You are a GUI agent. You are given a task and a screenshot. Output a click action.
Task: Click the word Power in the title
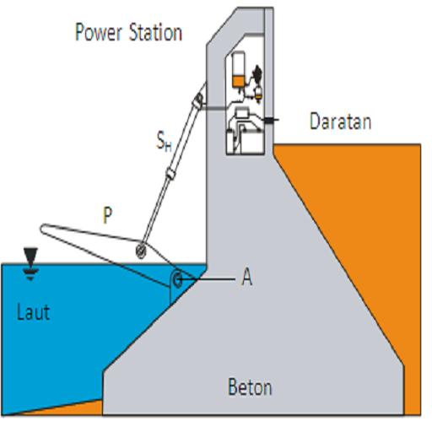point(99,33)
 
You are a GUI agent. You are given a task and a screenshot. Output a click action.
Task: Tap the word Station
point(155,32)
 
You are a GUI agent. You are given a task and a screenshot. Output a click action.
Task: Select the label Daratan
point(340,121)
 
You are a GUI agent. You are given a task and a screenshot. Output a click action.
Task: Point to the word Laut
point(33,312)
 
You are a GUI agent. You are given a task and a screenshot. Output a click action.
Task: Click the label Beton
point(250,387)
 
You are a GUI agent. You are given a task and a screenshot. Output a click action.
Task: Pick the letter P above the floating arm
point(107,215)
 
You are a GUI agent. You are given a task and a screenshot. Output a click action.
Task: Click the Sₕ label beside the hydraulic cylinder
point(164,142)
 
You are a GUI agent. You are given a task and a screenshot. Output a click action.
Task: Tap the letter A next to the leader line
point(247,278)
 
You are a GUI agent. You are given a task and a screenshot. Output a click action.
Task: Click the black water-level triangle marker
point(30,255)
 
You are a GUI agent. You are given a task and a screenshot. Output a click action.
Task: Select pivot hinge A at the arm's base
point(177,279)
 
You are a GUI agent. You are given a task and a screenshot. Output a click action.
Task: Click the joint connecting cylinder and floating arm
point(141,250)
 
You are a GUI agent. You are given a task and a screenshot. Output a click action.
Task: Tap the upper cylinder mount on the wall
point(198,100)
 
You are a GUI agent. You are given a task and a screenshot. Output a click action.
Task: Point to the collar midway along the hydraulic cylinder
point(170,173)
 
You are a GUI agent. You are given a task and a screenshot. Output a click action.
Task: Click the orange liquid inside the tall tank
point(238,82)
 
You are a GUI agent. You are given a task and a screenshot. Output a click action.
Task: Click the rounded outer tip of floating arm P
point(42,229)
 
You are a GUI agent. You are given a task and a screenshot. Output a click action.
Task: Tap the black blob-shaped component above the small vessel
point(256,73)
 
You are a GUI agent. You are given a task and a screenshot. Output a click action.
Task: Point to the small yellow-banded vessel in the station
point(258,94)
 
